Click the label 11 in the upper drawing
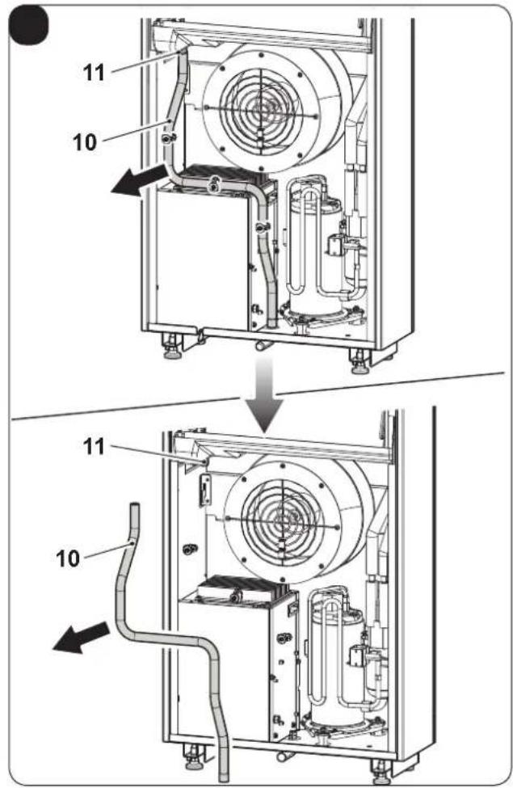(94, 73)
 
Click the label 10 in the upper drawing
(84, 142)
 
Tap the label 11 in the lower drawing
(94, 446)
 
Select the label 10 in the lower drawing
(68, 558)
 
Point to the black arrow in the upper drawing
(139, 181)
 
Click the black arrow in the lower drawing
(82, 637)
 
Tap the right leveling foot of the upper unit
(360, 361)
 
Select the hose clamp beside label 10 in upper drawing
(168, 137)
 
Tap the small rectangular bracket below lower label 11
(205, 489)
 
